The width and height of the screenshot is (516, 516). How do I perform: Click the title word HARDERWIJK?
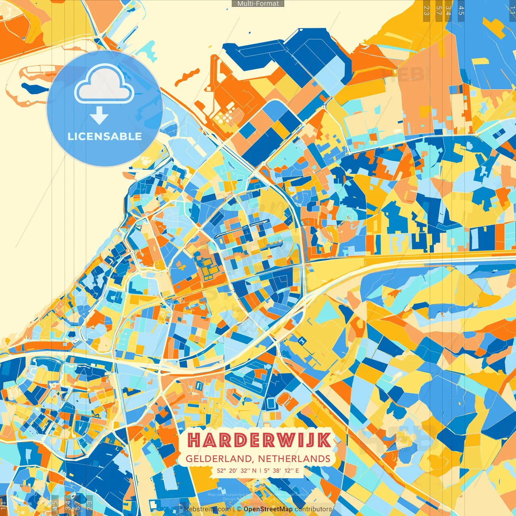(x=260, y=440)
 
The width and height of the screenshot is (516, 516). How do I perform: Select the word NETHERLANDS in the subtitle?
(x=294, y=459)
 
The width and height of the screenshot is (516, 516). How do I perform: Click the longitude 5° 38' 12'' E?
(x=282, y=470)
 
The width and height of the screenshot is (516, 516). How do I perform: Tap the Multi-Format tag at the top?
(x=258, y=4)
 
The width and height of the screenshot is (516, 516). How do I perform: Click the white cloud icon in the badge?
(x=104, y=85)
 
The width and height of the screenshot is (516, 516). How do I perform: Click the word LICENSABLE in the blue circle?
(x=104, y=136)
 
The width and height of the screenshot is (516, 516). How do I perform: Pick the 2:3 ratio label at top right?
(x=426, y=10)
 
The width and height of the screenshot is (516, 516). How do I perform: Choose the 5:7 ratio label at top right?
(x=439, y=10)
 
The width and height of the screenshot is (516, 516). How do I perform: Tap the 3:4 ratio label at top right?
(x=448, y=10)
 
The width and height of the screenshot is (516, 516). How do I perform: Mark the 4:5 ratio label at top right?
(x=461, y=10)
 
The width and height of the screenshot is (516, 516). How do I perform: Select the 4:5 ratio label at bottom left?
(x=55, y=506)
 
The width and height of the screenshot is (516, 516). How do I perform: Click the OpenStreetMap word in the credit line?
(x=268, y=509)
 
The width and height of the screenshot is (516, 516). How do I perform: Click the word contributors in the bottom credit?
(x=313, y=509)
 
